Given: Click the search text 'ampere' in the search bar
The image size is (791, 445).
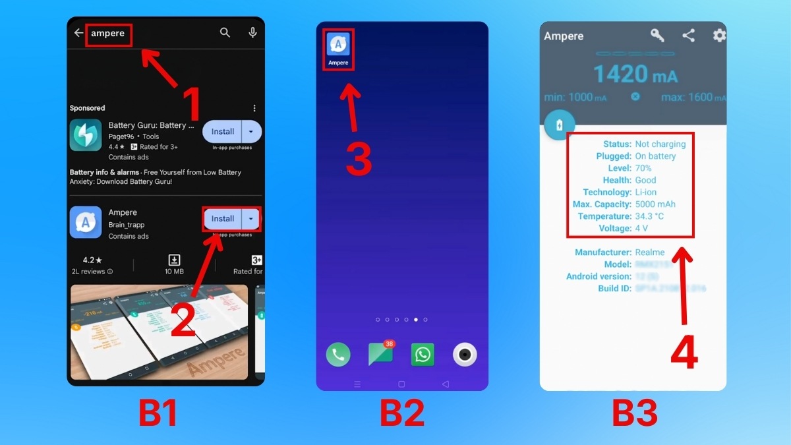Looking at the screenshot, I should [107, 34].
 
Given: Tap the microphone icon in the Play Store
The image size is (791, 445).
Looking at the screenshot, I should [252, 33].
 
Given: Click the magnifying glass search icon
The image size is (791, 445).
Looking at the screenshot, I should [225, 33].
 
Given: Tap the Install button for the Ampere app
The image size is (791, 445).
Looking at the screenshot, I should [223, 219].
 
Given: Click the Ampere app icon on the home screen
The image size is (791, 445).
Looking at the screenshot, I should [338, 45].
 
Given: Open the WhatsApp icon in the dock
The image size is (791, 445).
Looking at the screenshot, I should [423, 355].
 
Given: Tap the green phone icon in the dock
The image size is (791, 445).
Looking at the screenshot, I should [338, 355].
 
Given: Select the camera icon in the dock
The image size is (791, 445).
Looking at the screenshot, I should [465, 355].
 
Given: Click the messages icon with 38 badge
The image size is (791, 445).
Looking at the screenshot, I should [380, 354].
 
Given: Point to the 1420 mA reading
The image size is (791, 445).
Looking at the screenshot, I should [635, 74].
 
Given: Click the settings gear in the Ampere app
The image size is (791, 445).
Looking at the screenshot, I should [719, 36].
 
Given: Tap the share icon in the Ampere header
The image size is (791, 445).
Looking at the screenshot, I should [688, 36].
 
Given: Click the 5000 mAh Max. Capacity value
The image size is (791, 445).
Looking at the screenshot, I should [655, 204].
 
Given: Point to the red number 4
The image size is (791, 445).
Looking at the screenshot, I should [684, 353].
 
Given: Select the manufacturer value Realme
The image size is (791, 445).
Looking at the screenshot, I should [649, 252].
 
